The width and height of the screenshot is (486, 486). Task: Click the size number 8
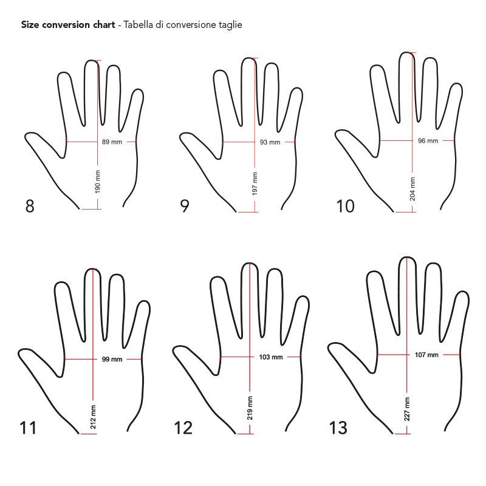click(x=30, y=206)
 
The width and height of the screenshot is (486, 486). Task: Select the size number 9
click(x=185, y=206)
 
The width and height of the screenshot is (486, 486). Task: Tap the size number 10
click(x=345, y=206)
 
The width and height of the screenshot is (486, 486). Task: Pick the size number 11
click(x=28, y=428)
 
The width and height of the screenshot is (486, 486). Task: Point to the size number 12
click(x=183, y=428)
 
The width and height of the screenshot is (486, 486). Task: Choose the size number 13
click(x=338, y=428)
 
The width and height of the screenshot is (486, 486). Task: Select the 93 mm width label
click(x=270, y=142)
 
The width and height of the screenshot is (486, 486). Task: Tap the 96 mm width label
click(x=428, y=141)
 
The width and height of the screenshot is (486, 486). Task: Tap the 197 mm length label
click(x=255, y=184)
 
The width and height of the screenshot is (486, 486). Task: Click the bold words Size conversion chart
click(x=69, y=26)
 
